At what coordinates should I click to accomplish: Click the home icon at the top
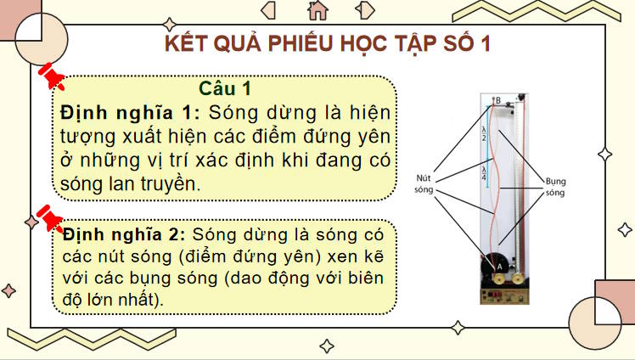coord(318,9)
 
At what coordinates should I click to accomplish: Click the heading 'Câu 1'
coord(225,88)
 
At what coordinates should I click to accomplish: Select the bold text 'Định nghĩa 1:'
coord(130,112)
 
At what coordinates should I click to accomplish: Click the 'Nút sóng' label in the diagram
coord(424,183)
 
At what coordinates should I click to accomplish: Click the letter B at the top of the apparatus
coord(498,99)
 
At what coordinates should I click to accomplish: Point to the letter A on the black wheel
coord(498,266)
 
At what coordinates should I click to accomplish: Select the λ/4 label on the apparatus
coord(484,174)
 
